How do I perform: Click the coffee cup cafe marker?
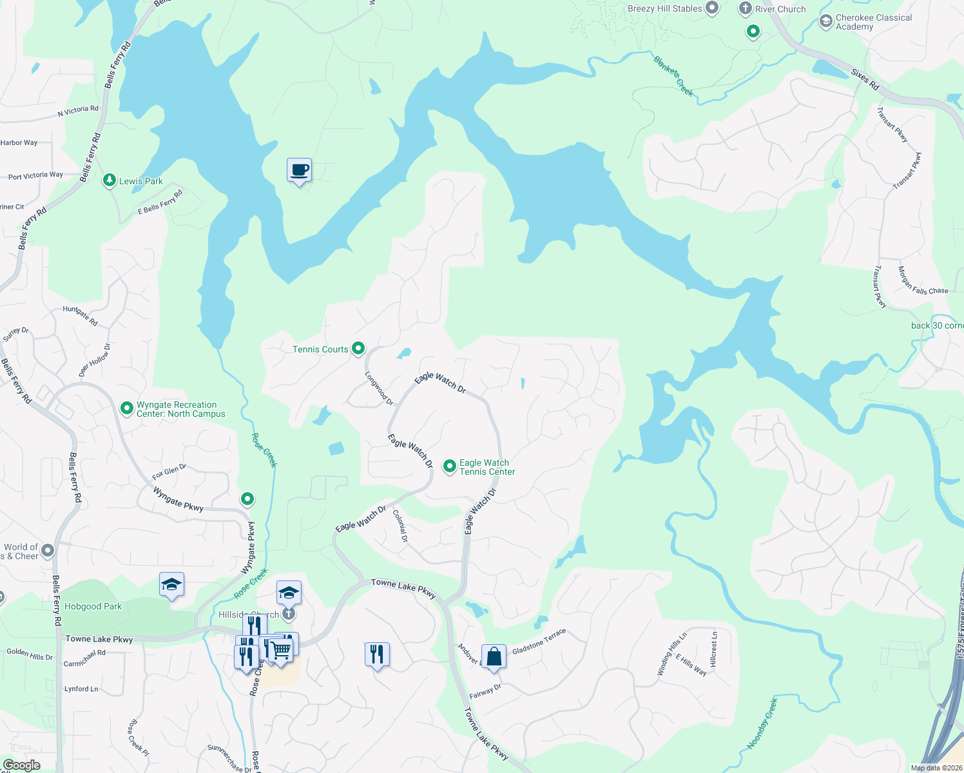[x=299, y=171]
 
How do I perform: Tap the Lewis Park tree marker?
[x=110, y=180]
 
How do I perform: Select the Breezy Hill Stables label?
[x=664, y=8]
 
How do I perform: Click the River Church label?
[x=780, y=9]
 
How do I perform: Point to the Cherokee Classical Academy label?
[x=873, y=22]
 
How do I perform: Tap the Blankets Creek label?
[x=673, y=77]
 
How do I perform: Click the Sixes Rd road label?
[x=865, y=79]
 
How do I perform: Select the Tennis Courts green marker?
[x=358, y=348]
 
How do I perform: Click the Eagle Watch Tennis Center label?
[x=487, y=467]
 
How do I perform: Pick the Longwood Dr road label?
[x=379, y=388]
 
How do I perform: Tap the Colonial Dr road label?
[x=400, y=526]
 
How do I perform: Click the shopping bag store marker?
[x=494, y=657]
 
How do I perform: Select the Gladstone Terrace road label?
[x=539, y=642]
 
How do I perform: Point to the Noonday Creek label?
[x=762, y=723]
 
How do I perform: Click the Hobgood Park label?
[x=93, y=606]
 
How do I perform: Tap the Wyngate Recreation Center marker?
[x=127, y=408]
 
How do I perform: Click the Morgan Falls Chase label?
[x=923, y=282]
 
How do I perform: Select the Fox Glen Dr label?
[x=169, y=472]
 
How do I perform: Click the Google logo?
[x=21, y=765]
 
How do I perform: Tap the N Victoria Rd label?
[x=78, y=111]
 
